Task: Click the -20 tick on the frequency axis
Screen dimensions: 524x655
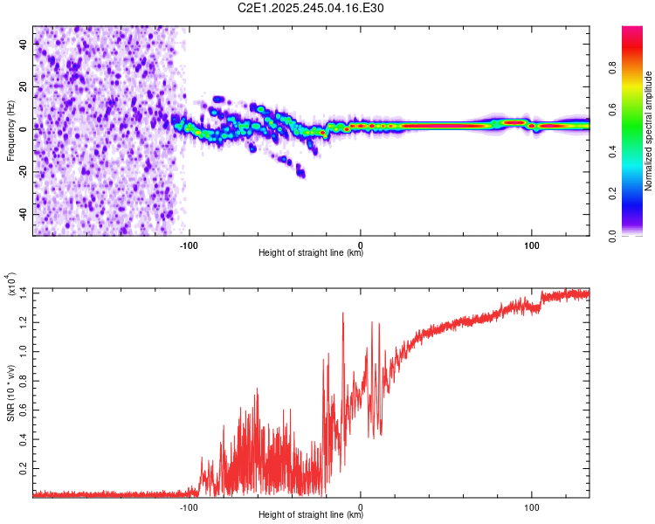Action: [22, 171]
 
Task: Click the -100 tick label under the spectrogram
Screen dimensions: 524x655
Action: [190, 245]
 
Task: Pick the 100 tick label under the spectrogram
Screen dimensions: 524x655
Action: [531, 245]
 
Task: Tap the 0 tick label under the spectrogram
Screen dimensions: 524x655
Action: [361, 245]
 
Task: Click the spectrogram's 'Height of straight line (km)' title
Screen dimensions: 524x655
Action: [311, 253]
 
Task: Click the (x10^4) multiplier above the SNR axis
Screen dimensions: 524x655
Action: [12, 285]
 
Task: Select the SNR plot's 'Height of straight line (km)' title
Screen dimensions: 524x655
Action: [311, 514]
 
